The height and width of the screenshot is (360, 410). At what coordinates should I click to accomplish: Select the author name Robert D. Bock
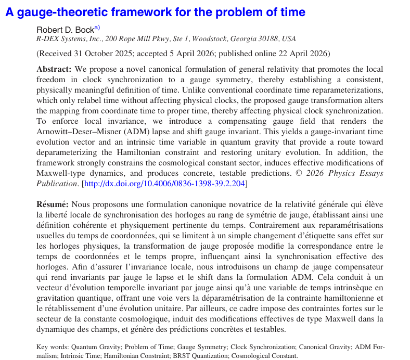click(65, 30)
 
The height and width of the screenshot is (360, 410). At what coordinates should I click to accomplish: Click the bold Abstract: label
click(55, 69)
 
